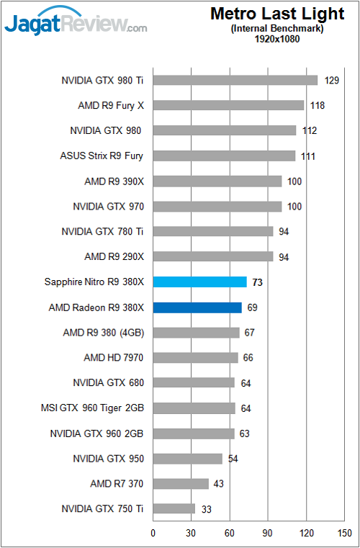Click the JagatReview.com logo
[76, 23]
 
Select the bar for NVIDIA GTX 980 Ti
[235, 80]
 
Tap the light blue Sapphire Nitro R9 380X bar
[199, 282]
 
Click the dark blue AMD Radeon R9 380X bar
[197, 307]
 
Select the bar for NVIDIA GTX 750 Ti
[174, 508]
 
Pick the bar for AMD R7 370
[181, 483]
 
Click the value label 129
[332, 80]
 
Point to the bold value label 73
[257, 282]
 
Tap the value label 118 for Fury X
[318, 106]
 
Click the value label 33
[205, 509]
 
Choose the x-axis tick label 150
[344, 534]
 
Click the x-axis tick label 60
[230, 534]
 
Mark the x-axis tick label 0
[153, 534]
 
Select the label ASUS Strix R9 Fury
[102, 156]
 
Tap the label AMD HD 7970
[114, 357]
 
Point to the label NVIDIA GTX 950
[109, 458]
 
